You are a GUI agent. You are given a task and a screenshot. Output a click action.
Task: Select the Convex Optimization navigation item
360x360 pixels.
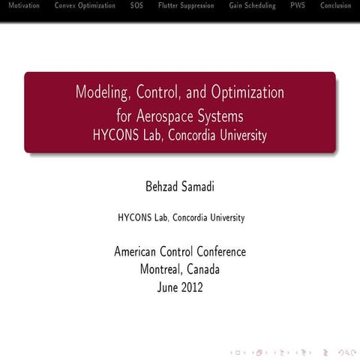click(x=85, y=6)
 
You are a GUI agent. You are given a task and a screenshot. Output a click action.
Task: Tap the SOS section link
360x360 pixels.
click(x=136, y=6)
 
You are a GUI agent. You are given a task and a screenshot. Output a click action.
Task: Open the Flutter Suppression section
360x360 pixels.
click(x=186, y=6)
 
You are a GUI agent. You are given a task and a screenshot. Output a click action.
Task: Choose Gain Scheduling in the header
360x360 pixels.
click(x=252, y=6)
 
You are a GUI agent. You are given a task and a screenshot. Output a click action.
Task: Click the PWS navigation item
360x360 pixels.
click(x=298, y=6)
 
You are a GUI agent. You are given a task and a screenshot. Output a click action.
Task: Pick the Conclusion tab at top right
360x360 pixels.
click(x=335, y=6)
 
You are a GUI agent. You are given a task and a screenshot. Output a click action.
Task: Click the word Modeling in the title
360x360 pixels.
click(x=100, y=93)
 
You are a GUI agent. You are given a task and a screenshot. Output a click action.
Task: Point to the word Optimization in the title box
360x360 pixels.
click(x=247, y=93)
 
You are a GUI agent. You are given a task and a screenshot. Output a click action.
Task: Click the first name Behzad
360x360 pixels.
click(x=158, y=184)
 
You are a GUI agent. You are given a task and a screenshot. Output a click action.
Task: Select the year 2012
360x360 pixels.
click(x=193, y=286)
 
